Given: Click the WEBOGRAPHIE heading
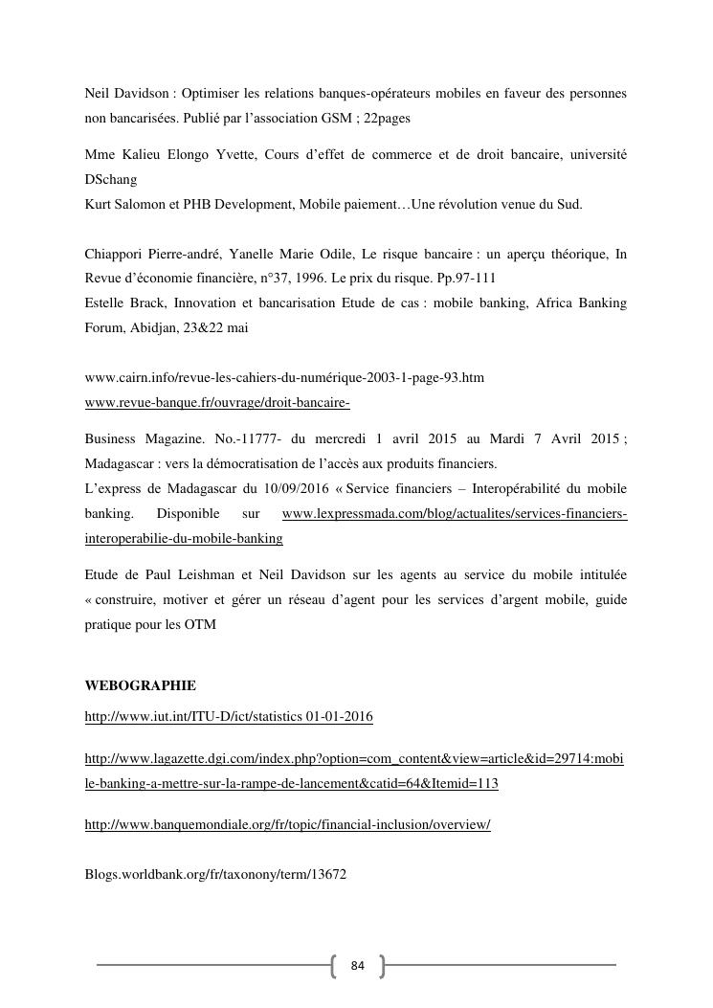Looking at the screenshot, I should (x=141, y=685).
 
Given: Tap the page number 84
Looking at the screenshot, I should (x=358, y=965).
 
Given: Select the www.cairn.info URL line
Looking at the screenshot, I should (x=284, y=378).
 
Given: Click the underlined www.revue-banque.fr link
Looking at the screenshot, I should (x=217, y=403).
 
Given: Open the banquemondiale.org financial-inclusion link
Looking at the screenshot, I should (x=288, y=824).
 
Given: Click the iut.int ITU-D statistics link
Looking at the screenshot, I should (x=229, y=717).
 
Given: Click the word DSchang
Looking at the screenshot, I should (x=111, y=179).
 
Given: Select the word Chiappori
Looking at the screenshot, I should (x=115, y=254).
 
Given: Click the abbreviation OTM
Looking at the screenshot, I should (x=203, y=625).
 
